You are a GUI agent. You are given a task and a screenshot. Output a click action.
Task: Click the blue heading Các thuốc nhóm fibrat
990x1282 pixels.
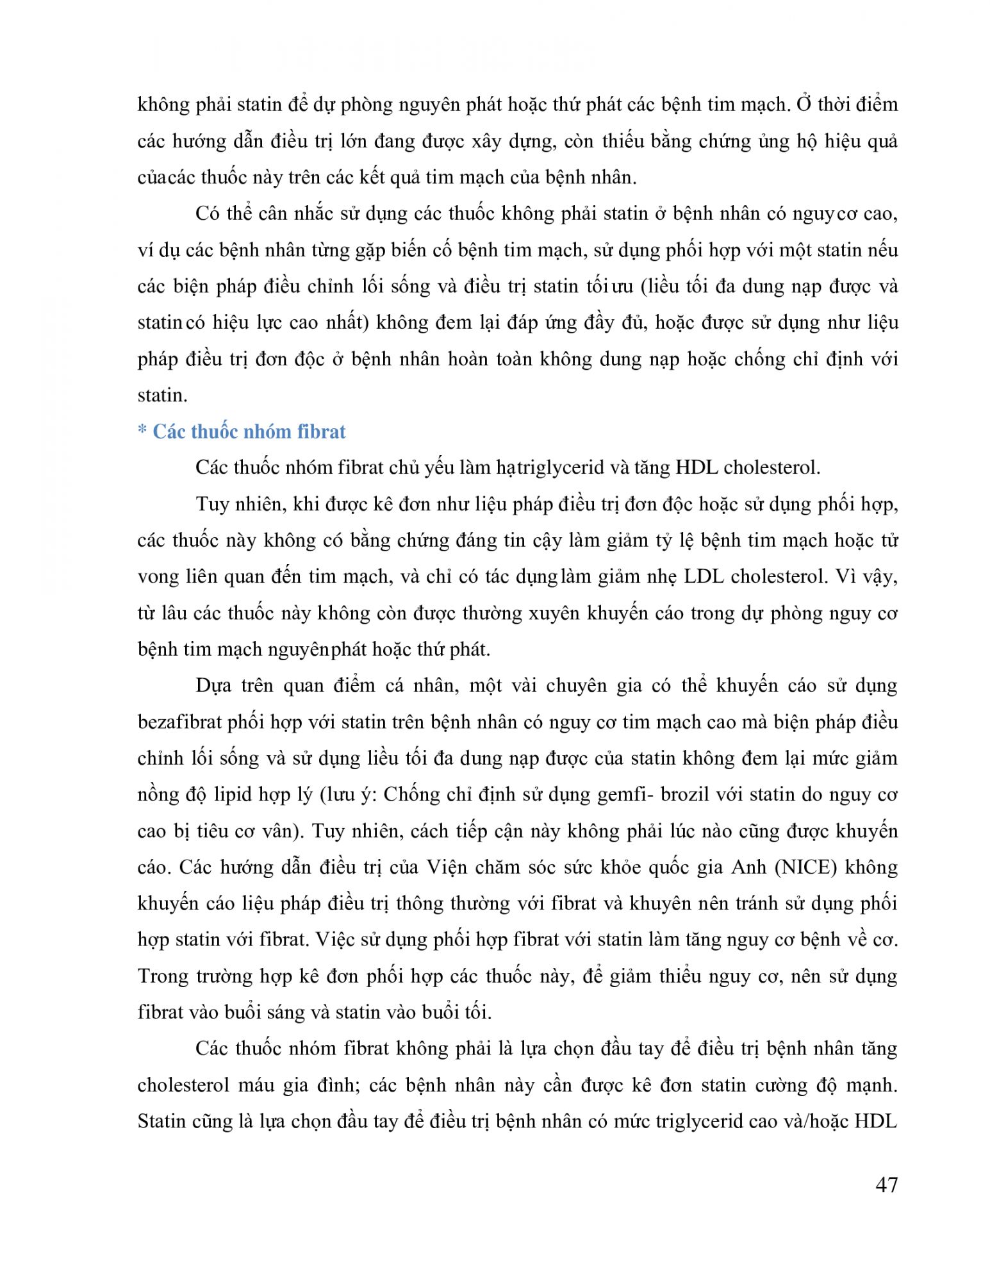tap(249, 431)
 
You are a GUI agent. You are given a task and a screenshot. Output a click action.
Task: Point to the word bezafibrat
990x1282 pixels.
tap(177, 722)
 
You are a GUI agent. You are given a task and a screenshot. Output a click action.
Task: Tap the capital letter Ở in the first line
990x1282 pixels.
tap(804, 104)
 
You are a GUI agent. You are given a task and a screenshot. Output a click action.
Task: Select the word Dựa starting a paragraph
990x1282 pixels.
tap(214, 686)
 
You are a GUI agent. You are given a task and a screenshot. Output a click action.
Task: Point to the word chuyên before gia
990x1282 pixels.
tap(576, 686)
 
